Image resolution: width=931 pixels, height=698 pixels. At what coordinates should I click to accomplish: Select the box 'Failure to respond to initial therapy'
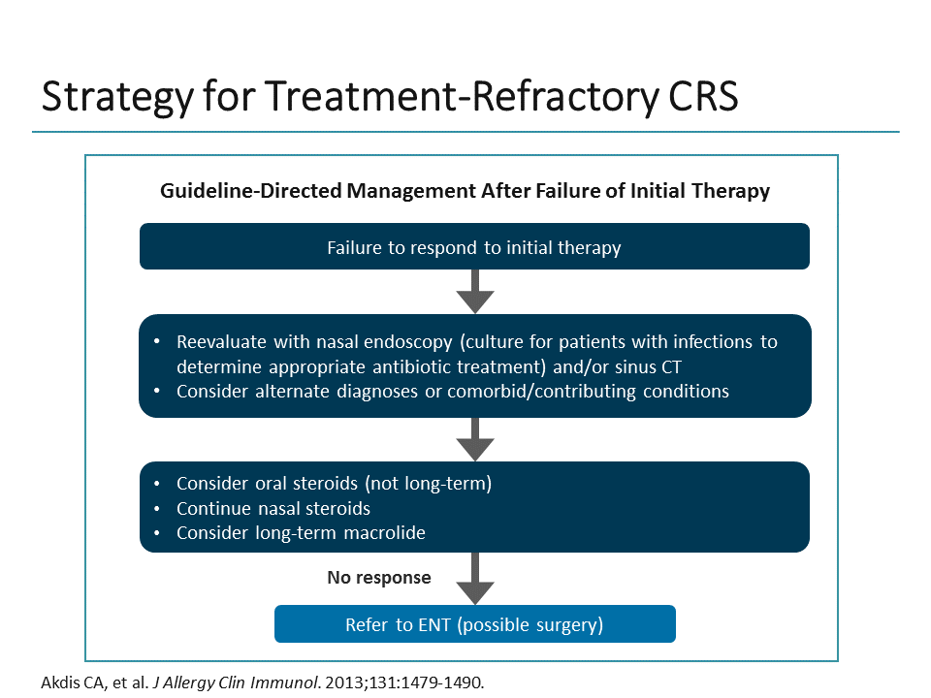(x=474, y=247)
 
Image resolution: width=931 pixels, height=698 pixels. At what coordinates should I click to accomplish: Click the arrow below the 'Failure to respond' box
(x=475, y=291)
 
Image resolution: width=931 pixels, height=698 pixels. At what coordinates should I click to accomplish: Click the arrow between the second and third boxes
(x=475, y=439)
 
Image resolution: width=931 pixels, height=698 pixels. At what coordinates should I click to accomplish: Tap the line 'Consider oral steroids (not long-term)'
(x=334, y=483)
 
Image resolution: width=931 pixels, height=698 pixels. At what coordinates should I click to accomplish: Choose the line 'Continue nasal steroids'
(x=273, y=508)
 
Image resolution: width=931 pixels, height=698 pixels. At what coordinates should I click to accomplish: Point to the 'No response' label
(x=379, y=578)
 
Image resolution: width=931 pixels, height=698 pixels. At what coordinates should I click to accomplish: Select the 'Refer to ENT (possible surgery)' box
(x=474, y=625)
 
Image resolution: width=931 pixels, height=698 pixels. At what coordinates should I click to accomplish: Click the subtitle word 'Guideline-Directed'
(x=237, y=191)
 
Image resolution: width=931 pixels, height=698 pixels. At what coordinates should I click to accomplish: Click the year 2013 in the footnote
(x=341, y=682)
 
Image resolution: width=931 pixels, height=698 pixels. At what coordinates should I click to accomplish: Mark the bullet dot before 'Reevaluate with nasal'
(x=158, y=343)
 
